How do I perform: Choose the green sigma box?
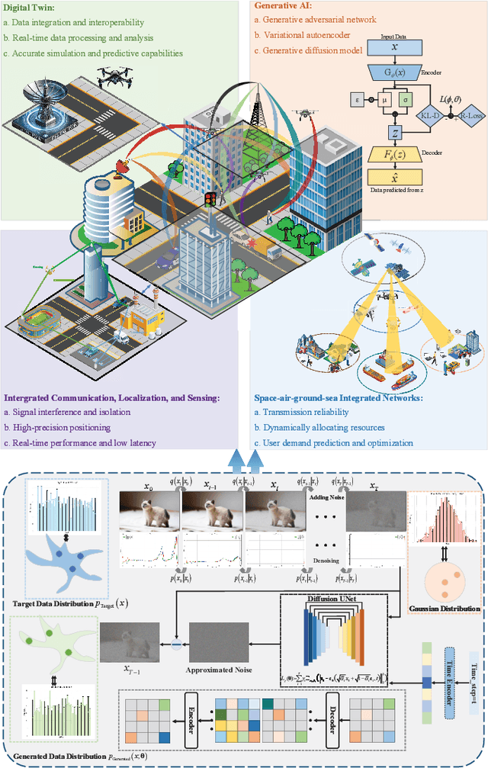[x=405, y=100]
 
